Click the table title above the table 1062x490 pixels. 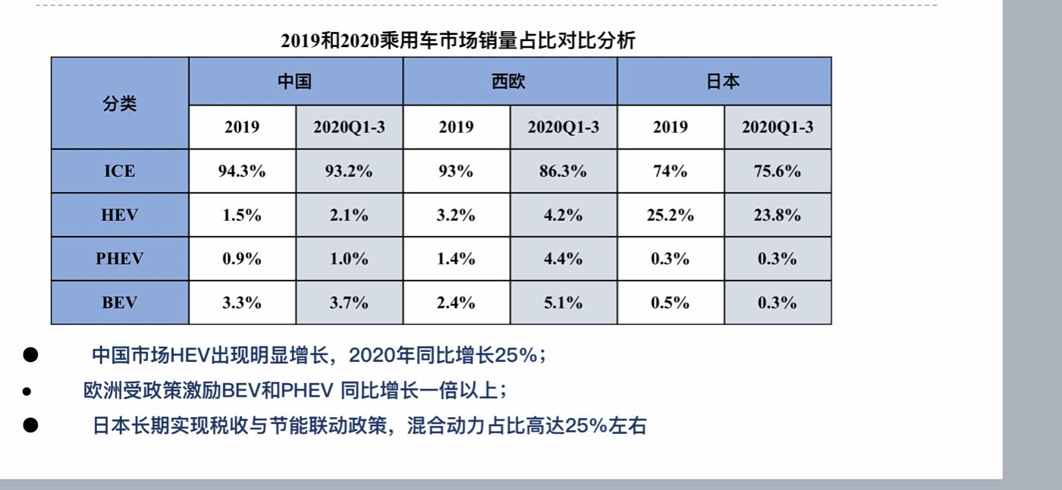point(457,40)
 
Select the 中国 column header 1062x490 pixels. point(295,81)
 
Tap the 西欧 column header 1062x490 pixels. point(509,81)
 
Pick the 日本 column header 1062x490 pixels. point(723,81)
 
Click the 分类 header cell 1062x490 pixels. point(119,104)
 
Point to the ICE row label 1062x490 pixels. point(119,171)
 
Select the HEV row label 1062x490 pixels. point(119,215)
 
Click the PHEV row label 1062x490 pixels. point(119,259)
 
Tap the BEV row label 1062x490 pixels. point(119,303)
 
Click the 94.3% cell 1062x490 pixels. point(242,171)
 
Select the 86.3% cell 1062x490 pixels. point(563,171)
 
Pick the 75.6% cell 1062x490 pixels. point(778,171)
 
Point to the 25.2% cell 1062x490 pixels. point(671,215)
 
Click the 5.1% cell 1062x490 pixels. point(563,303)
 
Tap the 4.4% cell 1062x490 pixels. point(563,259)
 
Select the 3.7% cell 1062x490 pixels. point(349,303)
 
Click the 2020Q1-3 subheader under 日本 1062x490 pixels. point(778,127)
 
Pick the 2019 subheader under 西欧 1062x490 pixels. point(456,127)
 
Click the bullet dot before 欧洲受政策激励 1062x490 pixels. point(27,392)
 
